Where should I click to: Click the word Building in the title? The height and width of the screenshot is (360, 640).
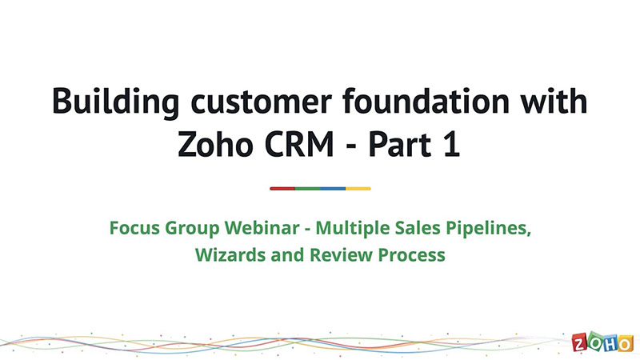[x=115, y=102]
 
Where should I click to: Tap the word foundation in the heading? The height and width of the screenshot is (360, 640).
[x=426, y=101]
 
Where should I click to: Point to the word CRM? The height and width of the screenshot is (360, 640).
[x=299, y=145]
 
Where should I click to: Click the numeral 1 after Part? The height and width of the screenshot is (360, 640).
[x=452, y=145]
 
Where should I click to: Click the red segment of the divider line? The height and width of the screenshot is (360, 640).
[x=282, y=189]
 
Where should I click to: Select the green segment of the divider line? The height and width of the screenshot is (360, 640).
[x=308, y=189]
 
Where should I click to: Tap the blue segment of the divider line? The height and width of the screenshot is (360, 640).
[x=333, y=189]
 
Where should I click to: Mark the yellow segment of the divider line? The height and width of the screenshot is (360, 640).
[x=358, y=189]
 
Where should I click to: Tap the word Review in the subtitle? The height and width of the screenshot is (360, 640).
[x=341, y=254]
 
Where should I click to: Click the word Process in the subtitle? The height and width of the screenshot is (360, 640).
[x=411, y=255]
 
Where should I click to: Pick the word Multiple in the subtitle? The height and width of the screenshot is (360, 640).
[x=352, y=228]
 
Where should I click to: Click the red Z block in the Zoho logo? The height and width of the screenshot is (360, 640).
[x=579, y=342]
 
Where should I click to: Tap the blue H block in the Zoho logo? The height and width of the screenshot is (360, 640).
[x=610, y=343]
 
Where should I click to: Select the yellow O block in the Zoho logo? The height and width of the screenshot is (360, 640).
[x=626, y=344]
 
